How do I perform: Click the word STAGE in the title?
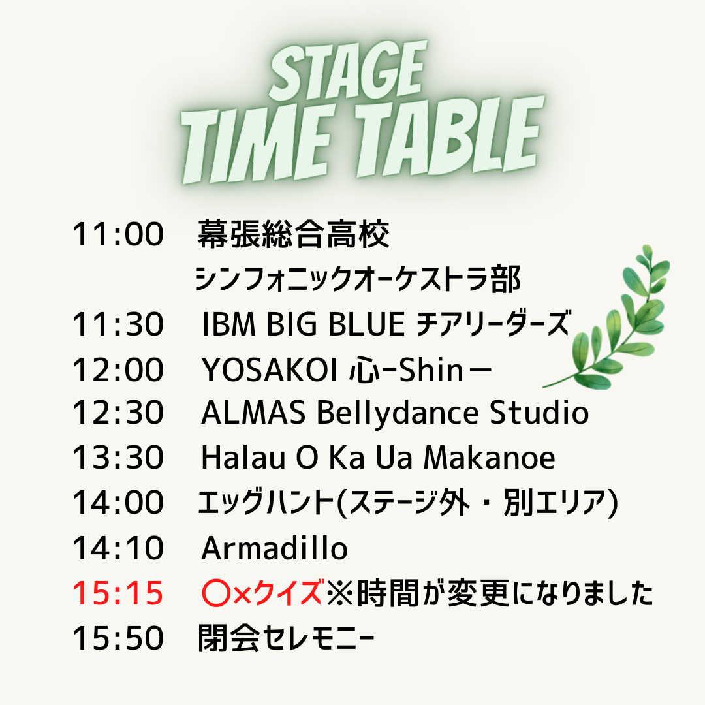tap(347, 70)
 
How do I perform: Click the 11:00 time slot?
tap(117, 234)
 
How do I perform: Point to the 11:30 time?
tap(117, 324)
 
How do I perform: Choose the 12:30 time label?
tap(117, 413)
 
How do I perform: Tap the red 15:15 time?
tap(117, 593)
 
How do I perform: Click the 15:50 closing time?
tap(117, 638)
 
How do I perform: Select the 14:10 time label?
tap(117, 548)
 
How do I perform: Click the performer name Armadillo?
tap(274, 548)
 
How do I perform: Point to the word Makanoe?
tap(490, 458)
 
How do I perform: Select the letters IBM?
tap(228, 324)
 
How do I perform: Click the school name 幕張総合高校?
tap(294, 234)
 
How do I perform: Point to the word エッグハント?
tap(266, 502)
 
